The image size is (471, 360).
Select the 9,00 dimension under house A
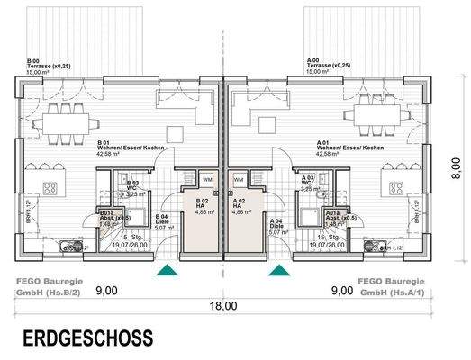341,291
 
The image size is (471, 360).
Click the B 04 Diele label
162,222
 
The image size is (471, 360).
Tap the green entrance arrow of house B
166,269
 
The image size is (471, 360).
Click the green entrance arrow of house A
278,269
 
